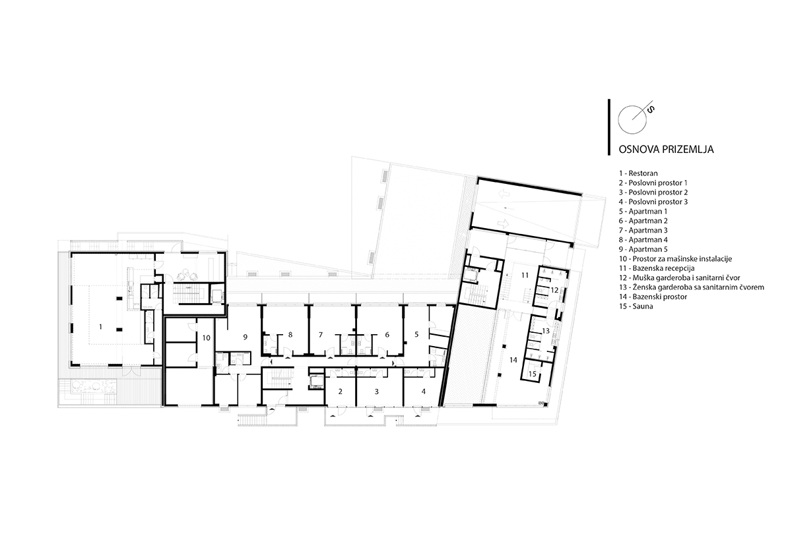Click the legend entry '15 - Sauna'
(x=636, y=307)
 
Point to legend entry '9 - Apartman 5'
(x=643, y=249)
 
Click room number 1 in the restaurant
(x=101, y=327)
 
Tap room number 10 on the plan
(x=207, y=337)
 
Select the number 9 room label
(x=245, y=337)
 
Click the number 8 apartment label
(x=290, y=334)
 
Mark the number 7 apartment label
(x=321, y=334)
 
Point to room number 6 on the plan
(x=387, y=334)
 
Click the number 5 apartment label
(x=416, y=334)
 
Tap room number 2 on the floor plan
(x=340, y=392)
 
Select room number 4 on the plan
(x=424, y=392)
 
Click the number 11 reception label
(x=525, y=275)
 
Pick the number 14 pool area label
(x=513, y=360)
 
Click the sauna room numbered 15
(x=533, y=373)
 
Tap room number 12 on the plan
(x=554, y=290)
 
